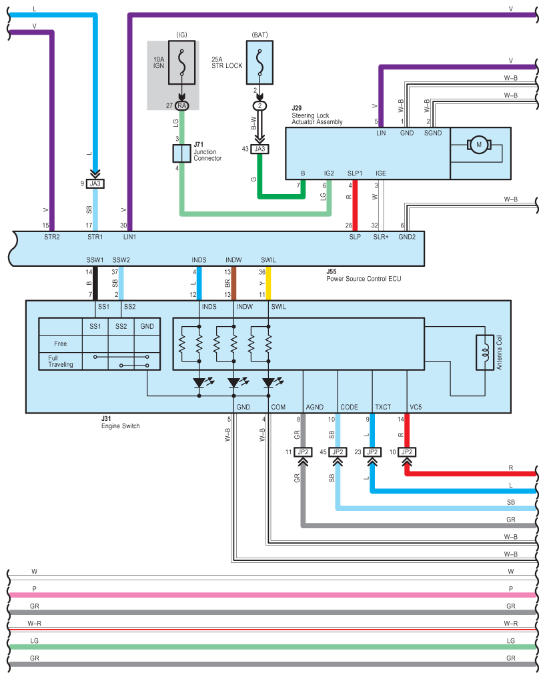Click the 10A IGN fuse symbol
[181, 62]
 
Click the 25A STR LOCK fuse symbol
[259, 62]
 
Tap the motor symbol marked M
[478, 145]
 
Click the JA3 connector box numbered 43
[259, 149]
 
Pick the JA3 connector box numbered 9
[95, 183]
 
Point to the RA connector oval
[181, 105]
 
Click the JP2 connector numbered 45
[338, 452]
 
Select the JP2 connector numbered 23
[372, 452]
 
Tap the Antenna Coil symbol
[483, 352]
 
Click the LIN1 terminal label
[129, 237]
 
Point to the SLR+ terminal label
[381, 237]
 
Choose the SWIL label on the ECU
[268, 259]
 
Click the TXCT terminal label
[383, 406]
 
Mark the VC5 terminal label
[416, 406]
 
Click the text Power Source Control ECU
[364, 279]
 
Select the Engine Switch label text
[121, 426]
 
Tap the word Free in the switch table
[61, 344]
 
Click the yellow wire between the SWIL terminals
[268, 283]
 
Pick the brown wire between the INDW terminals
[233, 283]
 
